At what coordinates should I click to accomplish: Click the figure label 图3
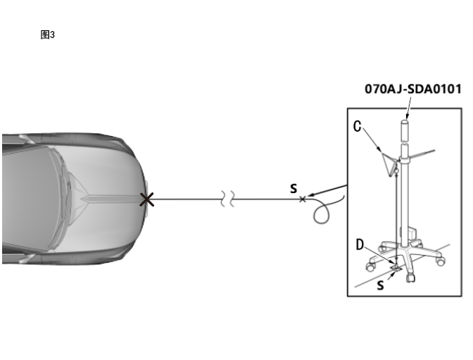pos(48,35)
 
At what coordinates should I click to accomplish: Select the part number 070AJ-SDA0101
pos(413,89)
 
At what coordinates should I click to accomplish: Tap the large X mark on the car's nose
pos(147,199)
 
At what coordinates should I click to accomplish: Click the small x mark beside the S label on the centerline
pos(302,199)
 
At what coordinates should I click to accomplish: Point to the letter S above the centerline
pos(294,189)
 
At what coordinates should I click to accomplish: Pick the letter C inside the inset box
pos(357,127)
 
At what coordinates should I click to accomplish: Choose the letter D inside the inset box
pos(360,244)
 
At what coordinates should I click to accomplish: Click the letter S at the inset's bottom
pos(380,285)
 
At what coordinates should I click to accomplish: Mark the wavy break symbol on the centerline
pos(227,199)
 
